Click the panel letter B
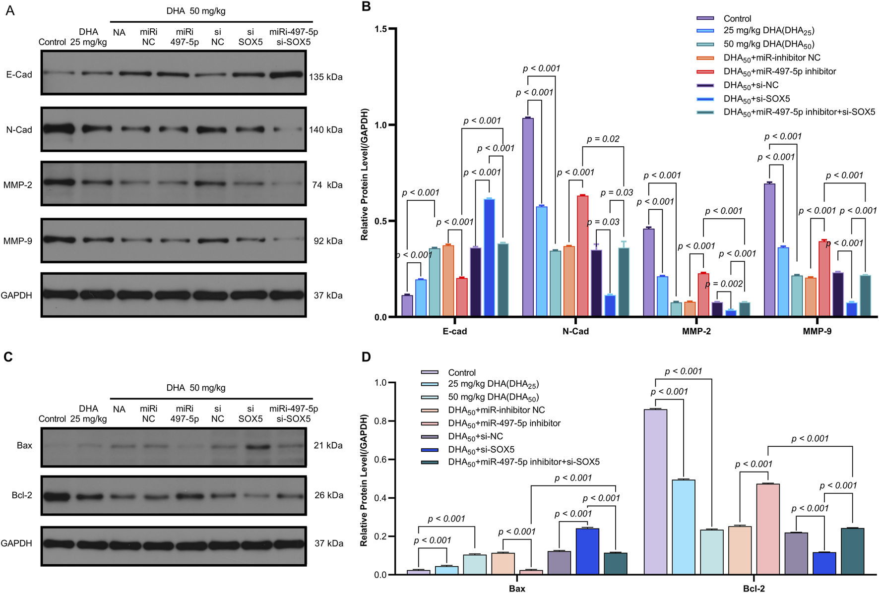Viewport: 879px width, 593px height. pyautogui.click(x=366, y=6)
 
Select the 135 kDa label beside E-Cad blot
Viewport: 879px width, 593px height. pyautogui.click(x=325, y=77)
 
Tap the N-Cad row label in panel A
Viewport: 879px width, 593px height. pyautogui.click(x=19, y=130)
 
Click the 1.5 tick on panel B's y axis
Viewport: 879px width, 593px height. pyautogui.click(x=381, y=29)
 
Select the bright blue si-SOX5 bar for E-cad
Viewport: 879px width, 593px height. pyautogui.click(x=489, y=258)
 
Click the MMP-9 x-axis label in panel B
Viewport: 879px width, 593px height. pyautogui.click(x=816, y=331)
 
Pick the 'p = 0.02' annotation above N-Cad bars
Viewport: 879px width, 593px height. pyautogui.click(x=603, y=139)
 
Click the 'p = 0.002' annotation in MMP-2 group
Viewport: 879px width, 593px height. pyautogui.click(x=724, y=284)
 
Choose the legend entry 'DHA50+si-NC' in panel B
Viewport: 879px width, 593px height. pyautogui.click(x=751, y=85)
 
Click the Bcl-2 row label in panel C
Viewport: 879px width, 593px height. pyautogui.click(x=22, y=495)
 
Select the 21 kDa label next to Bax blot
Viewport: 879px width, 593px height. pyautogui.click(x=328, y=446)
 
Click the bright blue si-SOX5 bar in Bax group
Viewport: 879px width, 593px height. pyautogui.click(x=587, y=551)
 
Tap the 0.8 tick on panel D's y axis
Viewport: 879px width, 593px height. pyautogui.click(x=380, y=421)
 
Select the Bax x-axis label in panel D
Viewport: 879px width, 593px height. pyautogui.click(x=517, y=589)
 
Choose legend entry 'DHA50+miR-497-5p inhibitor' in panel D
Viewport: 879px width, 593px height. pyautogui.click(x=504, y=423)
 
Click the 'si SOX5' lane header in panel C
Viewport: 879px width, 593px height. pyautogui.click(x=251, y=414)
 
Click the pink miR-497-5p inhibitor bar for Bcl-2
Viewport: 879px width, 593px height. pyautogui.click(x=768, y=529)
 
